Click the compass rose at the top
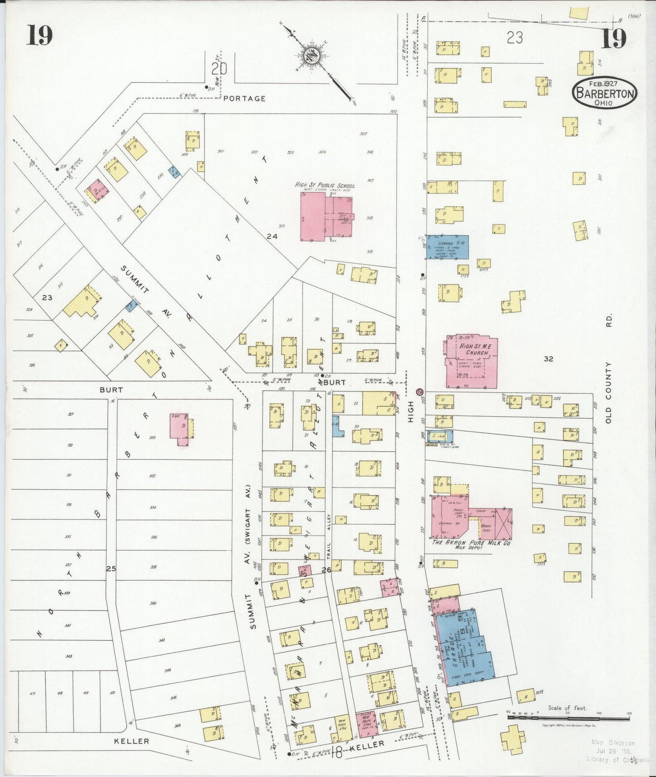coord(312,56)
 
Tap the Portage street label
coord(244,98)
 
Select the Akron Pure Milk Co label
coord(471,543)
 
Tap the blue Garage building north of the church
coord(447,247)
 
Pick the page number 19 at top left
coord(39,35)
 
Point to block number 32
coord(548,359)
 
